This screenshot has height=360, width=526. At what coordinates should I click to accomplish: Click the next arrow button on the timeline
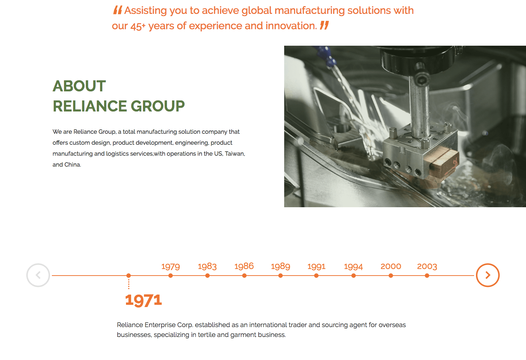coord(488,275)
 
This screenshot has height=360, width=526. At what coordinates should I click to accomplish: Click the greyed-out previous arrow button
coord(38,275)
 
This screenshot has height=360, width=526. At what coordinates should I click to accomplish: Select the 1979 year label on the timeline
coord(171,266)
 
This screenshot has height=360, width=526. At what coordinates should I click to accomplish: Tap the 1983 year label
coord(207,266)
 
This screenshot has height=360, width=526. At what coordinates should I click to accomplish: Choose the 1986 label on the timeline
coord(244,266)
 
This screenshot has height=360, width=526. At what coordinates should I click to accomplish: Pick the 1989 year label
coord(281,266)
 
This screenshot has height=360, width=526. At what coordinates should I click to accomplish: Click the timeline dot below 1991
coord(316,276)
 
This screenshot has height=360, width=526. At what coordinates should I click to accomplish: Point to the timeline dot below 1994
coord(354,276)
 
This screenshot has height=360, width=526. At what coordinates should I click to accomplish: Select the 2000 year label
coord(391,266)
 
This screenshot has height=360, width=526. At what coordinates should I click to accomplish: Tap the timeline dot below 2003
coord(427,276)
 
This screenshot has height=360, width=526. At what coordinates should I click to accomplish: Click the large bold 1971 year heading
coord(144,300)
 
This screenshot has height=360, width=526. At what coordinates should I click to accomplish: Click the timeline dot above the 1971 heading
coord(129,276)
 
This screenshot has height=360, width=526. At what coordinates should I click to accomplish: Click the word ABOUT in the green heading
coord(79,86)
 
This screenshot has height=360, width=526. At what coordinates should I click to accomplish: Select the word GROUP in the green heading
coord(158,106)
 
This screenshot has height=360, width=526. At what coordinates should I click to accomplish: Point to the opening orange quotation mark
coord(118,10)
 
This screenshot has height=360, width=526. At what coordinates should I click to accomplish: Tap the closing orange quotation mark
coord(324,25)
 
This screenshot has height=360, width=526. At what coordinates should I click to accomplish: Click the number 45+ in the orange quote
coord(138,26)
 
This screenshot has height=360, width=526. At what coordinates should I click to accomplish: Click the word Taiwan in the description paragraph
coord(235,154)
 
